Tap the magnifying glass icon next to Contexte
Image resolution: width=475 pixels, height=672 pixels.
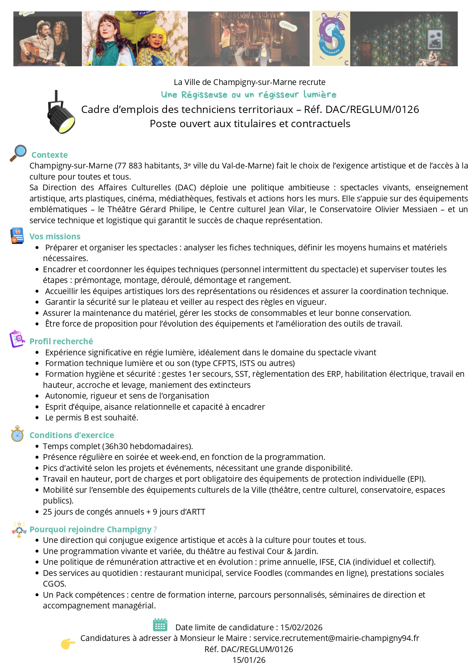18,153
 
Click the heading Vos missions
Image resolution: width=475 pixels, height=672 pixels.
55,237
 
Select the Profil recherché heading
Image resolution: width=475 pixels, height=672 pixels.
61,342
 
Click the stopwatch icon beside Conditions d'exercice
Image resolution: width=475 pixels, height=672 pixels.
17,434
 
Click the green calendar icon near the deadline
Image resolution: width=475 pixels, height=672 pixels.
160,625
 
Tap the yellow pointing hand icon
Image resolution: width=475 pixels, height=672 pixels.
68,644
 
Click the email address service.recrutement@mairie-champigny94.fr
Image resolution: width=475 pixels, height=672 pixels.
336,638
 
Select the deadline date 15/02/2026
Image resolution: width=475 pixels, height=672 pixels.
301,628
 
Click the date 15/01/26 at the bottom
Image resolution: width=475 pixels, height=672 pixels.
249,660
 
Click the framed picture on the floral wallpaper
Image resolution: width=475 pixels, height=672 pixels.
435,39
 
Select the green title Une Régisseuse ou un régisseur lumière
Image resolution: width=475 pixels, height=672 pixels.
249,95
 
